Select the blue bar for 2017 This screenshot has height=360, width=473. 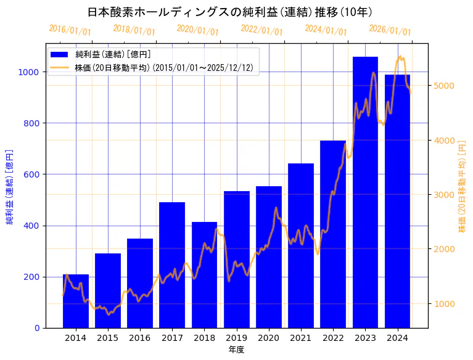(172, 265)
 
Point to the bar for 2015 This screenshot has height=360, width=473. (108, 290)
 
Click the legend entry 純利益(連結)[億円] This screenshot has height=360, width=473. (112, 55)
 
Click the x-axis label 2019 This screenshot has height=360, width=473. (236, 338)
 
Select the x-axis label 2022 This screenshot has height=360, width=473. (333, 338)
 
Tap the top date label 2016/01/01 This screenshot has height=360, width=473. (70, 30)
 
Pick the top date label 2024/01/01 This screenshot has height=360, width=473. (326, 30)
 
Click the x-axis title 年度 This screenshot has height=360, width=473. (236, 350)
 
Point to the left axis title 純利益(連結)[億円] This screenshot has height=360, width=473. (10, 186)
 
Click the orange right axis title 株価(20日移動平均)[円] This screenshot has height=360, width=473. (463, 186)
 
